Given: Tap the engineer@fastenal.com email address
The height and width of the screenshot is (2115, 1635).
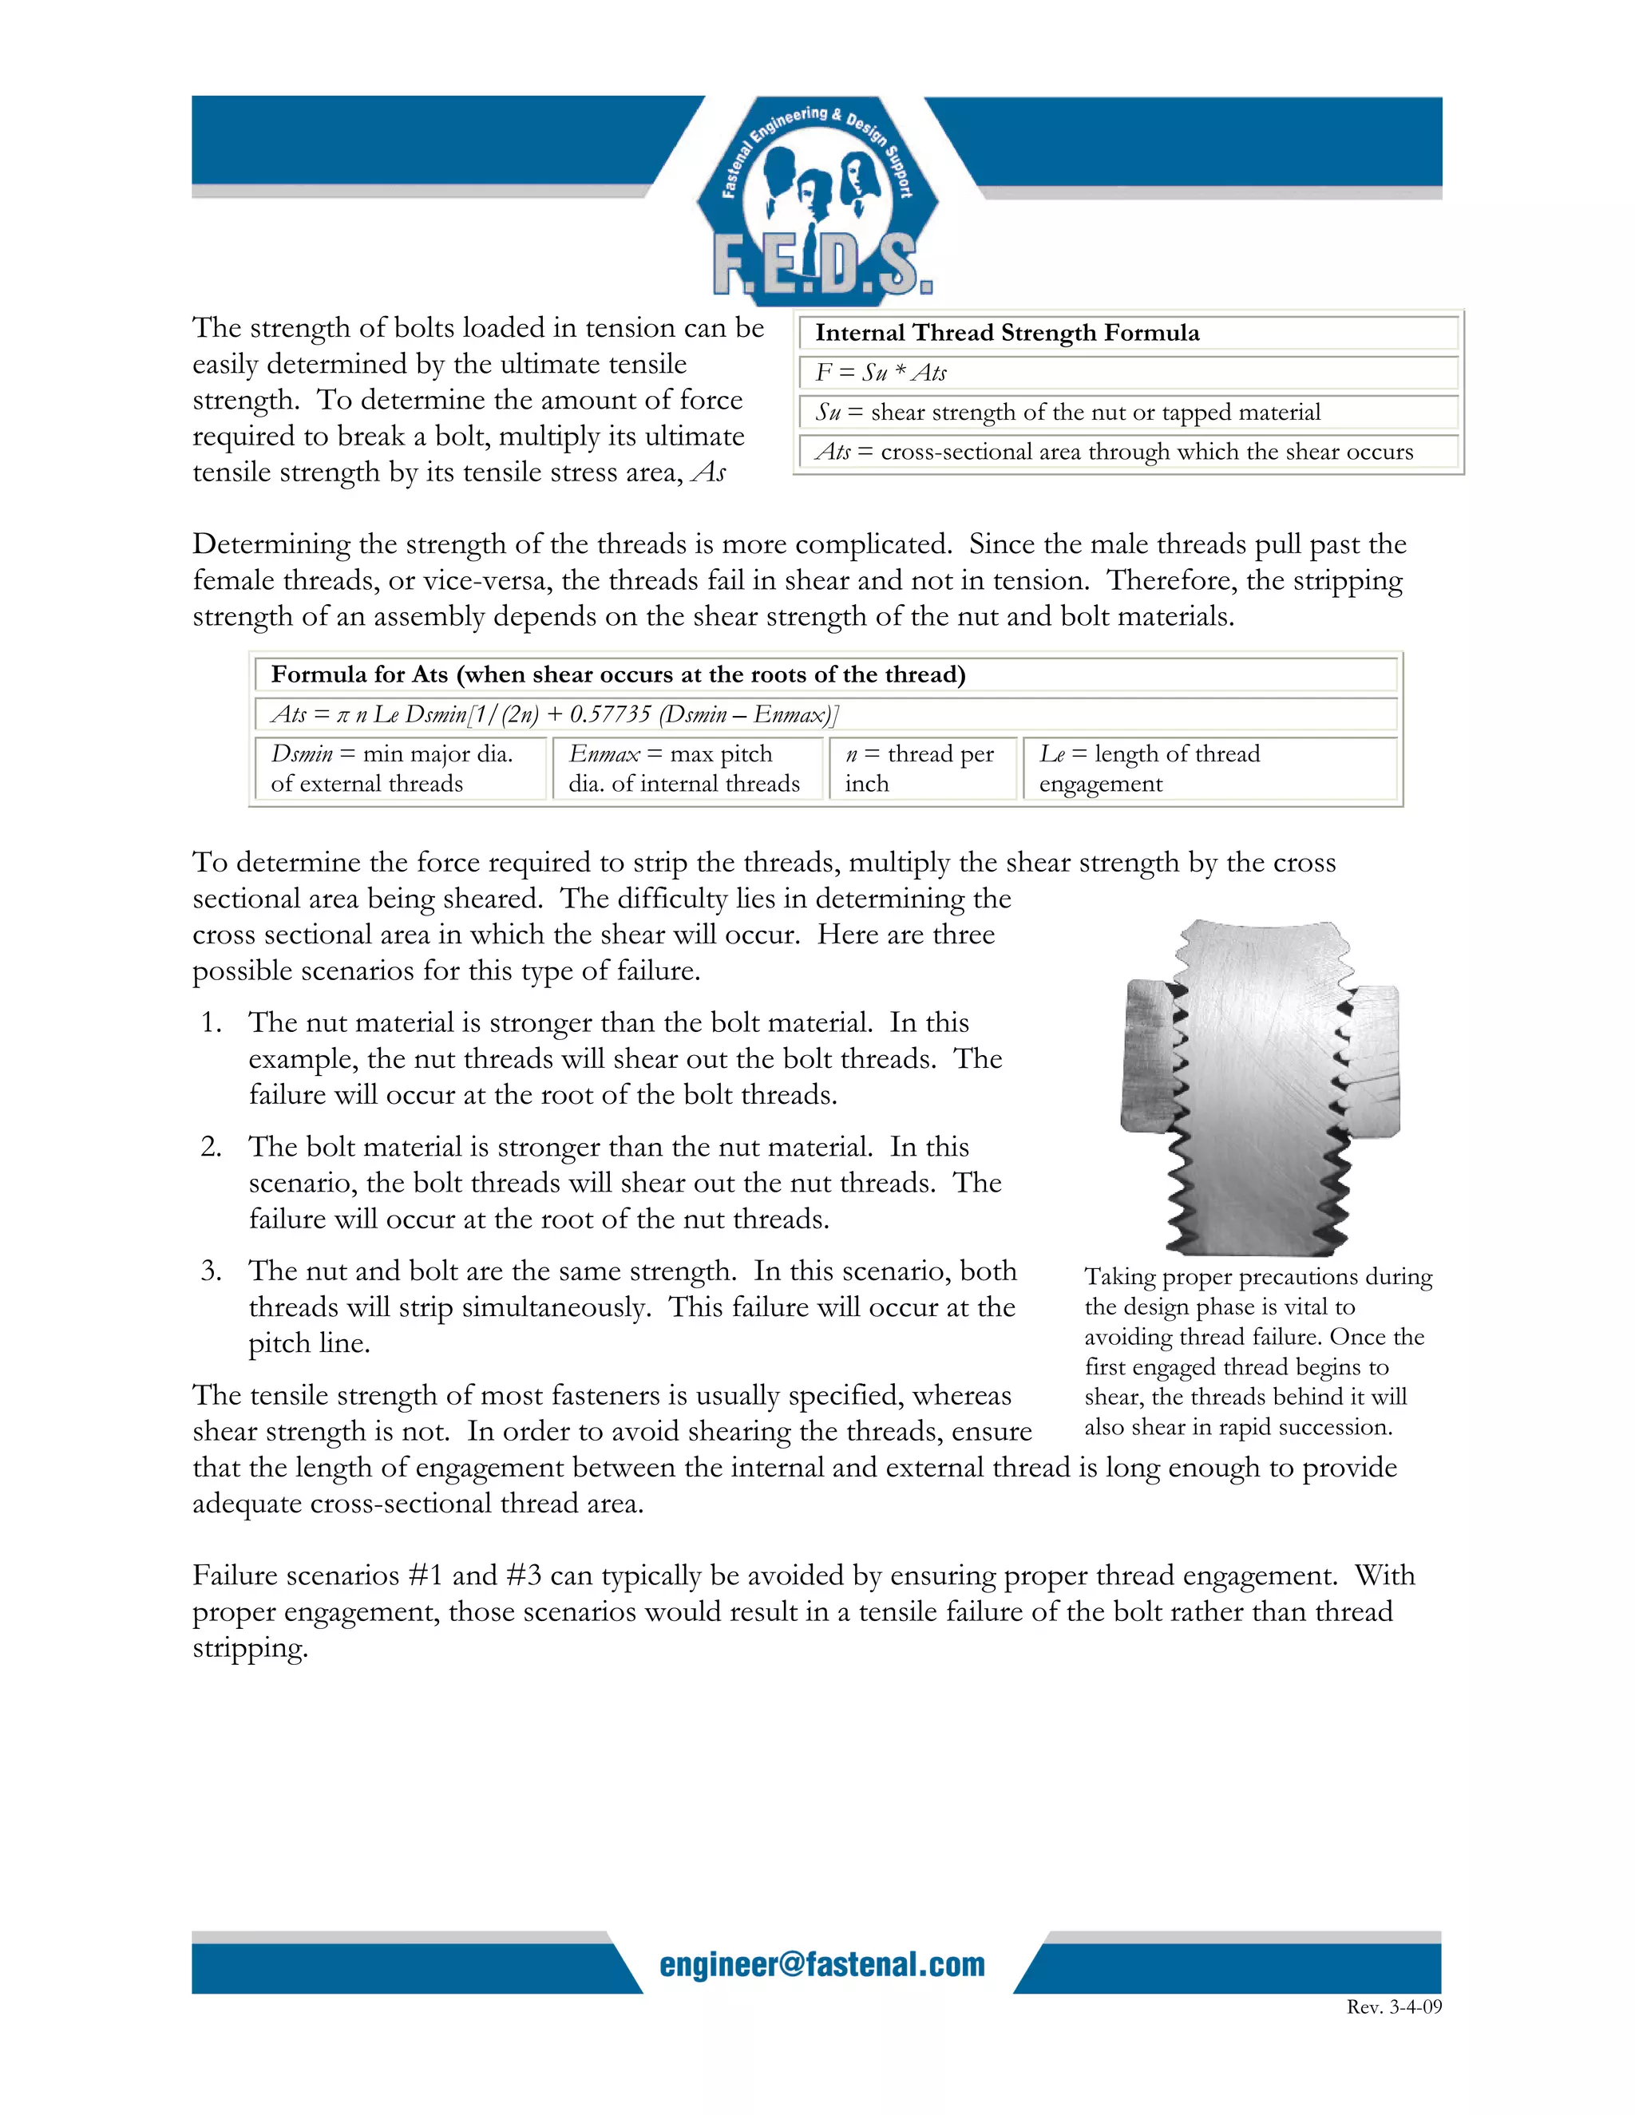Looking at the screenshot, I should click(x=821, y=1964).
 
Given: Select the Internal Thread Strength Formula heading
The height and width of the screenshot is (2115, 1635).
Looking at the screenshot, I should click(x=1007, y=333).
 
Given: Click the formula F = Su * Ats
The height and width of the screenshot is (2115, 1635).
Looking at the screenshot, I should click(x=880, y=373).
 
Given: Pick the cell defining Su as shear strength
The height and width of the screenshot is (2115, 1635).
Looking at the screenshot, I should click(x=1067, y=413).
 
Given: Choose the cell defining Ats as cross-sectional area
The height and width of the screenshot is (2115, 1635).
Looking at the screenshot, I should click(x=1114, y=453).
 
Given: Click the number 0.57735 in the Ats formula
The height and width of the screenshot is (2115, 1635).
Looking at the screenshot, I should click(x=610, y=714).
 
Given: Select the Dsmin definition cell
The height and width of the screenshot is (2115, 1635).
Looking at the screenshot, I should click(x=399, y=768).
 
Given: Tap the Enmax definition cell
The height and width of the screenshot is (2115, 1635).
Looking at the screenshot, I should click(x=685, y=768).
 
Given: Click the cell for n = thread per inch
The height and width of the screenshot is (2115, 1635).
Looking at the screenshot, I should click(x=920, y=768).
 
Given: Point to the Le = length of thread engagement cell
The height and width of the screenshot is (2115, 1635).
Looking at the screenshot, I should click(x=1150, y=768).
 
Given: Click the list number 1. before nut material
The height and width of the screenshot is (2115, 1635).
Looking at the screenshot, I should click(x=211, y=1022).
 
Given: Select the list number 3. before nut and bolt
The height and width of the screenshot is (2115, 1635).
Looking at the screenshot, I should click(x=211, y=1271).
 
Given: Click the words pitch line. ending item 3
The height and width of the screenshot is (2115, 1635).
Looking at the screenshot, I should click(x=309, y=1343).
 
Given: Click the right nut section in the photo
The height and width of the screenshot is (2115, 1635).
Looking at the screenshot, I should click(x=1373, y=1061).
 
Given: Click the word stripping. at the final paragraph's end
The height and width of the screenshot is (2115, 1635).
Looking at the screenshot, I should click(x=250, y=1648).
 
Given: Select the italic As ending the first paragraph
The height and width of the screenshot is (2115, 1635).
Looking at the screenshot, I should click(x=709, y=472).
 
